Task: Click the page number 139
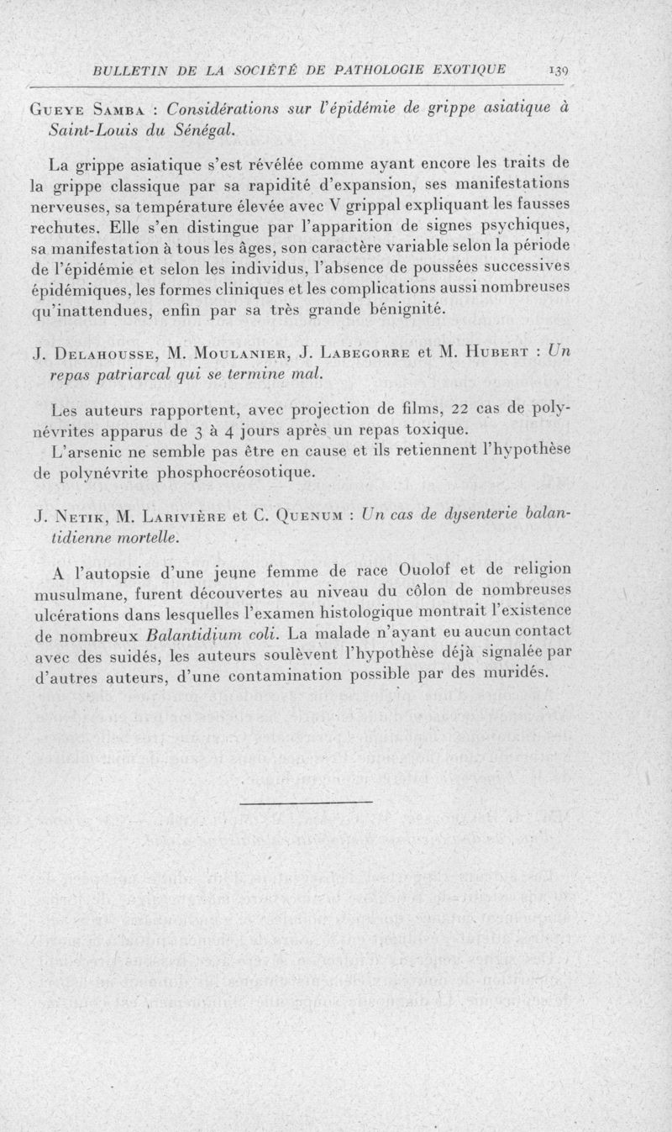click(x=558, y=70)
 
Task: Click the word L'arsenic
click(x=88, y=451)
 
